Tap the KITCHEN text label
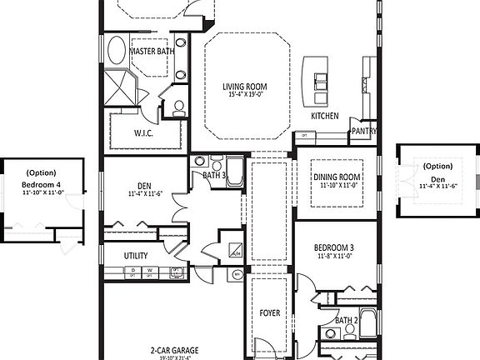(325, 116)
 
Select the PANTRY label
(364, 131)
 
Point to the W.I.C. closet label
(142, 132)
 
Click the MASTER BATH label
(152, 52)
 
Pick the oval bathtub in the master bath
(116, 52)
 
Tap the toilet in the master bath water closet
(177, 107)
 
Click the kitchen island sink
(320, 80)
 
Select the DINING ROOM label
(337, 177)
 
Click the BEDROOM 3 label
(333, 248)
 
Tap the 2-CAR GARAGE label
(175, 351)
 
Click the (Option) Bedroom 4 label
(42, 178)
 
